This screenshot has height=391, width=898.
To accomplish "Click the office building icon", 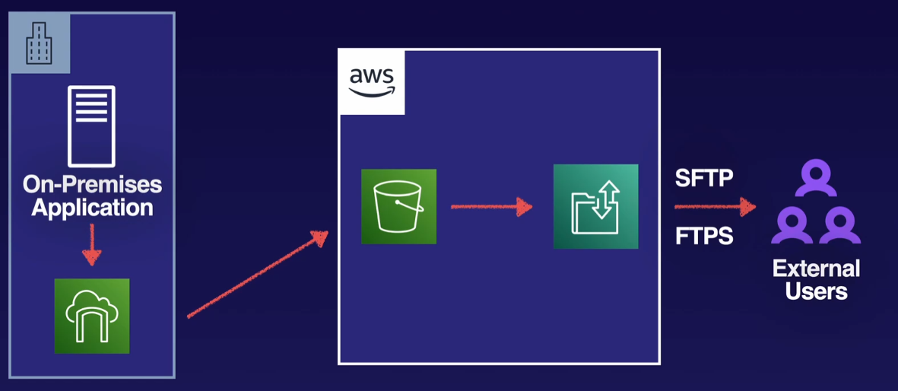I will point(40,43).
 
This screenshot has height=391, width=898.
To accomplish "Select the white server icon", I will point(91,126).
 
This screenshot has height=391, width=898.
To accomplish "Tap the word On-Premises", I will point(92,185).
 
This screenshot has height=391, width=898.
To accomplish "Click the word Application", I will point(92,207).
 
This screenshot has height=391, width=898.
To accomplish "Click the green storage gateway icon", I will point(92,316).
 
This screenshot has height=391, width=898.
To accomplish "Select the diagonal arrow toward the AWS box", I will point(257,274).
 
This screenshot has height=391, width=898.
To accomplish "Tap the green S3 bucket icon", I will point(398,206).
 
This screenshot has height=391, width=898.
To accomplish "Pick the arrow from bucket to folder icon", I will point(490,205).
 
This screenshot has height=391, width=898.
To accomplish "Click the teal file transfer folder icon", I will point(595,206).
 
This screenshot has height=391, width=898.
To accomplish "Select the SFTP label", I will point(704,179).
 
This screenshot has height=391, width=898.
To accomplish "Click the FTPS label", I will point(704,236).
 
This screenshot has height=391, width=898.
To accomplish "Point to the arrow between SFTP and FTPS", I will point(715,206).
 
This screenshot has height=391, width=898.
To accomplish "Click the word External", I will point(816,269).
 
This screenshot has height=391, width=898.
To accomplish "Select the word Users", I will point(816,291).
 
